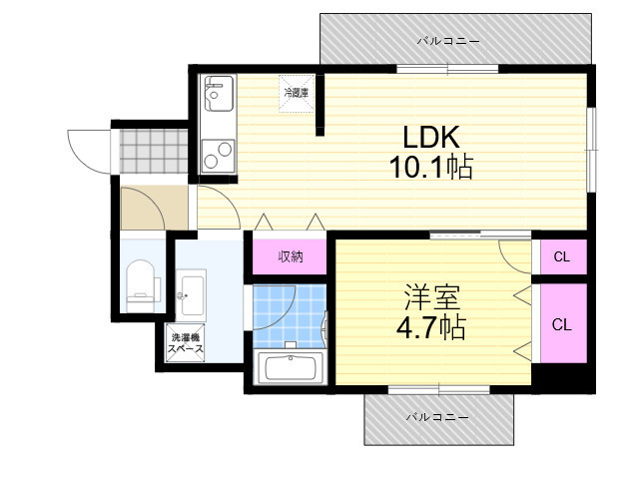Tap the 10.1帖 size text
click(x=431, y=168)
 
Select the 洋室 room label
click(x=433, y=296)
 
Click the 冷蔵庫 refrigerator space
click(x=297, y=93)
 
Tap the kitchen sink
click(x=219, y=97)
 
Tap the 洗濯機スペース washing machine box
click(x=186, y=344)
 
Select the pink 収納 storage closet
click(x=291, y=256)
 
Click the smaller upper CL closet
click(x=562, y=257)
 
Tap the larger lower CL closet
click(x=562, y=324)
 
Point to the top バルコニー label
click(x=448, y=41)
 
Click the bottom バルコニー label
click(x=438, y=416)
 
